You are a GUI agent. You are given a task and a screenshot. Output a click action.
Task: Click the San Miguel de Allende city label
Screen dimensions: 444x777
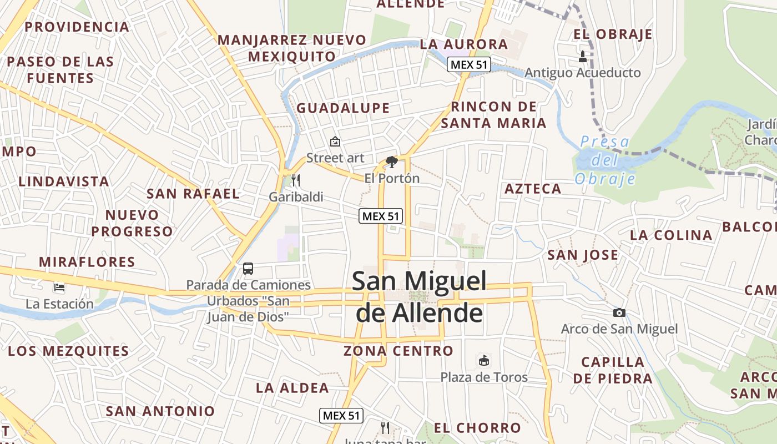420,297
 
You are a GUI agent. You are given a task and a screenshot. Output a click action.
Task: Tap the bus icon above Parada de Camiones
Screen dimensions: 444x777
248,269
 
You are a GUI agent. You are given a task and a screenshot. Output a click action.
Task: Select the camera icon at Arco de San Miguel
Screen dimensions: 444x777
619,313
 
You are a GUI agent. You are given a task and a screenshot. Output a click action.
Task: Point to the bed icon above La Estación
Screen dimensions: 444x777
59,287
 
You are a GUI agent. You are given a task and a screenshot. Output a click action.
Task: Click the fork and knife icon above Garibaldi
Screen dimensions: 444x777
296,180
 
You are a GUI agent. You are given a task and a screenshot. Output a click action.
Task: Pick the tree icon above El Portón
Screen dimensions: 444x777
392,162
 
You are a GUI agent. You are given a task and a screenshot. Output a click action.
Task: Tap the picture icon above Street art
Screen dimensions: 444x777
335,142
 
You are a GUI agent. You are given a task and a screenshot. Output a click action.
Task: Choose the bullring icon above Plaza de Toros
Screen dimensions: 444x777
484,361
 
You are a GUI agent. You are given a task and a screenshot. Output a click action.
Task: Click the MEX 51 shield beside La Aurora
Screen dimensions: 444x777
469,64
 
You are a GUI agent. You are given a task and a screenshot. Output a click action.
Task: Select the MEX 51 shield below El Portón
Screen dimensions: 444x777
381,216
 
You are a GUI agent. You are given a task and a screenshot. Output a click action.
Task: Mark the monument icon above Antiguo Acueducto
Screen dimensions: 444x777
583,56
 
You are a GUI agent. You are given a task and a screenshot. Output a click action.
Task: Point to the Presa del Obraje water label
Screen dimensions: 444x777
605,160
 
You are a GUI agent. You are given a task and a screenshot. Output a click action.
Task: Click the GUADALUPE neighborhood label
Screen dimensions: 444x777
343,108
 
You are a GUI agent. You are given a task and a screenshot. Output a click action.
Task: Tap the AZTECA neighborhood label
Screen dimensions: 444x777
533,189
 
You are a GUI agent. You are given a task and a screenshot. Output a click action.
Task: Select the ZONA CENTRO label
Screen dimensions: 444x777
398,351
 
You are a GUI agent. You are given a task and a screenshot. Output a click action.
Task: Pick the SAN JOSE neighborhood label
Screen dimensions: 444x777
583,255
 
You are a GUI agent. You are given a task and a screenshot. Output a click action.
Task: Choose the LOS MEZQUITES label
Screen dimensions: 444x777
68,351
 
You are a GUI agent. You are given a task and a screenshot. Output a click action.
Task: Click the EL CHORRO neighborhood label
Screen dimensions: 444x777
477,428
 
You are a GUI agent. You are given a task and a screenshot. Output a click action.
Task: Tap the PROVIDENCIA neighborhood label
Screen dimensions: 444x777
77,27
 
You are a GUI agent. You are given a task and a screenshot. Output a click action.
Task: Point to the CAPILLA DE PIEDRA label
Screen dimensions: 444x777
613,370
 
